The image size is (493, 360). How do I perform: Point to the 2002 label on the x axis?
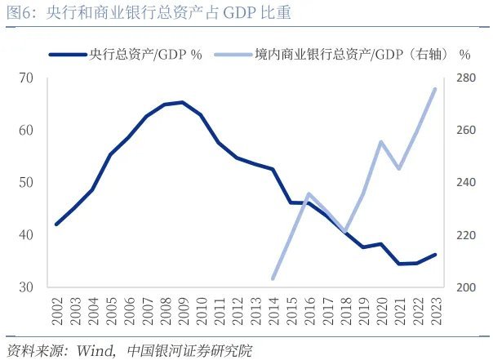(57, 309)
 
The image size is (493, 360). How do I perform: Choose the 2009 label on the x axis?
(181, 309)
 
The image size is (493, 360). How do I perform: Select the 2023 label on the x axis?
(435, 309)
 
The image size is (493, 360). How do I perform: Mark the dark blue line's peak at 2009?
(182, 102)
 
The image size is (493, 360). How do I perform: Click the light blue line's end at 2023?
(435, 89)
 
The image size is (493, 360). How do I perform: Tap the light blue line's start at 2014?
(273, 278)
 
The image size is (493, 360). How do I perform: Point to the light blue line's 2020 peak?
(381, 142)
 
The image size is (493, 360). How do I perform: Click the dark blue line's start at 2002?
(56, 224)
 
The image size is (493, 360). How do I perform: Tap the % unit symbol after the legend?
(465, 54)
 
